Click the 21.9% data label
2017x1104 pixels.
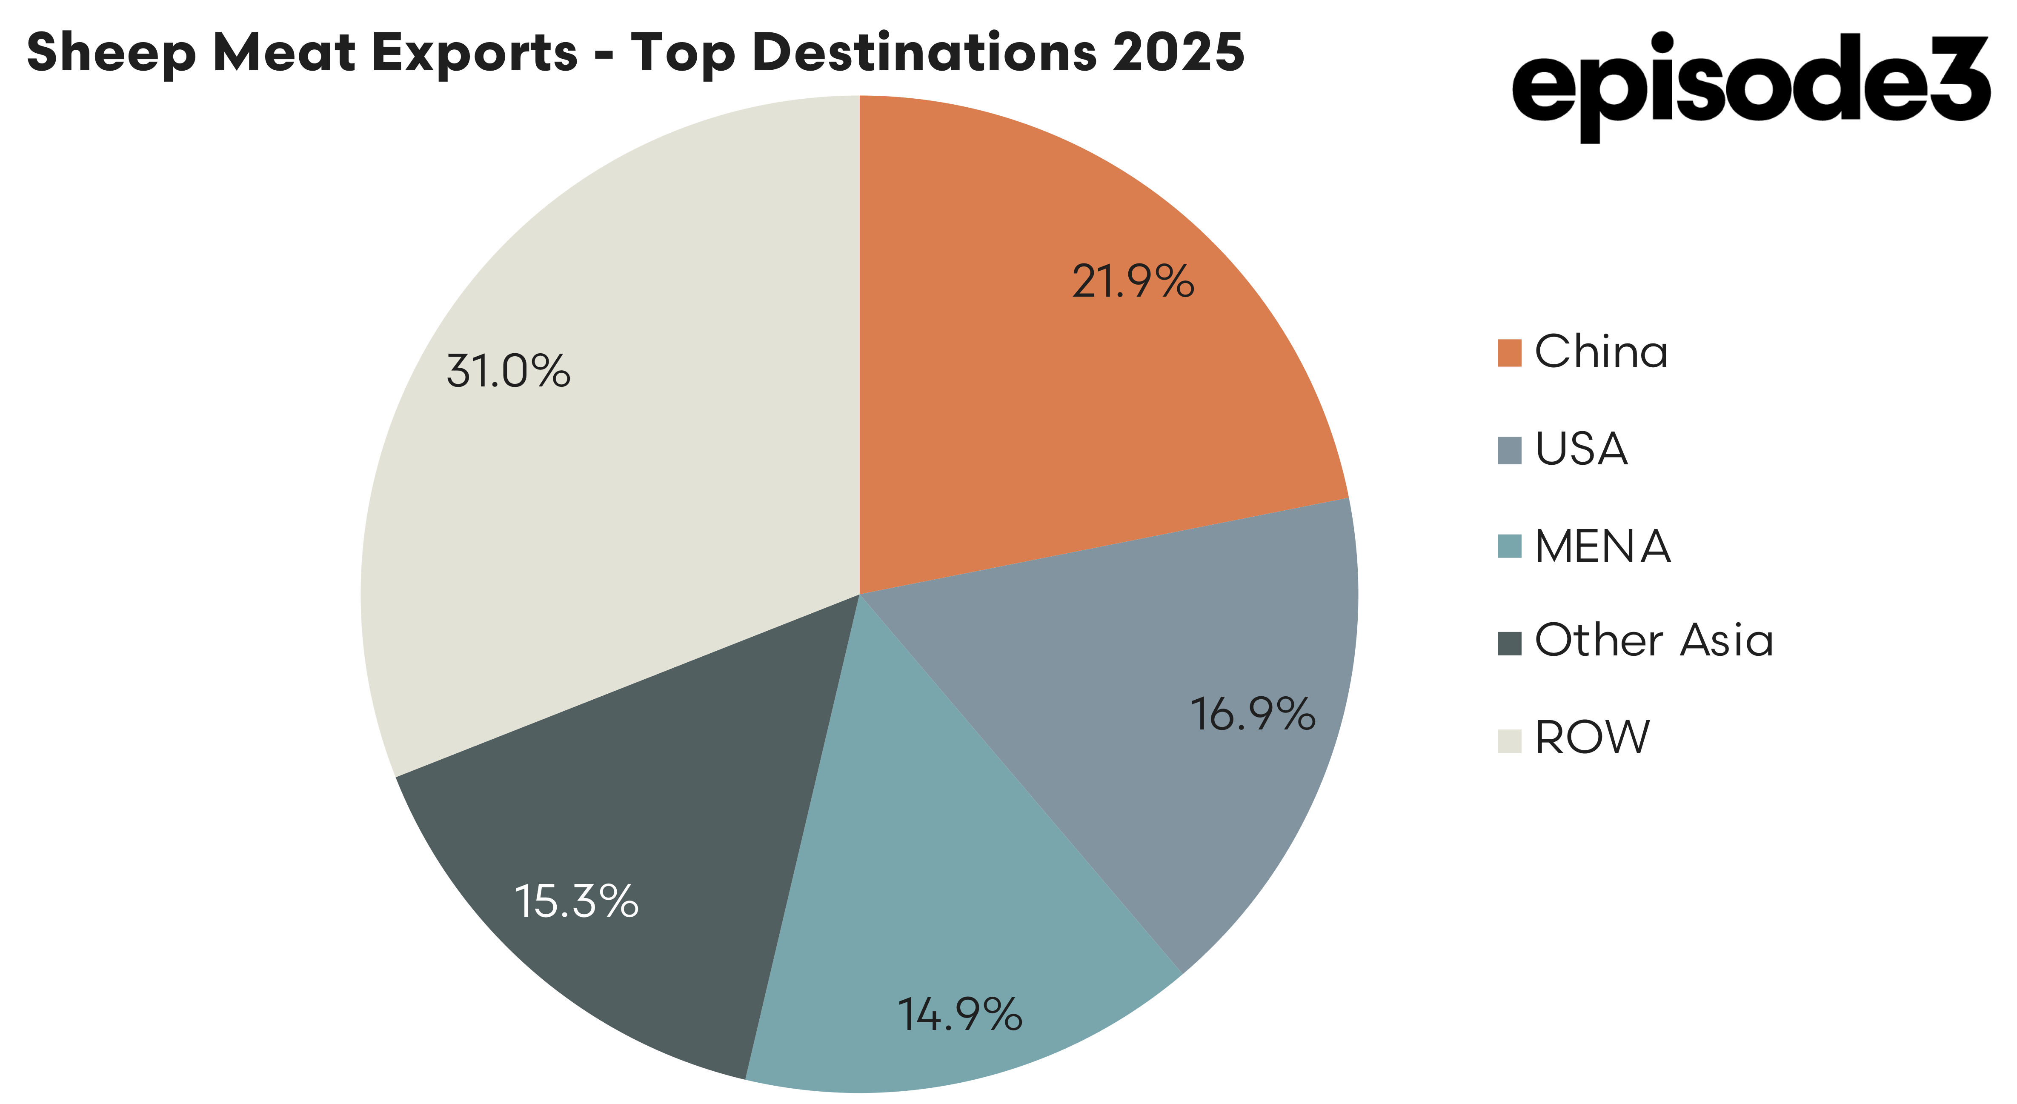(x=1132, y=282)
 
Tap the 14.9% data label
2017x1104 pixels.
(x=959, y=1015)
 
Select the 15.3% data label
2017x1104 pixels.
(x=576, y=902)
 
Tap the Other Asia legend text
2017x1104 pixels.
(x=1653, y=641)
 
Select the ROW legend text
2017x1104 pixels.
(x=1592, y=738)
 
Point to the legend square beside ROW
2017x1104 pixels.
(x=1509, y=741)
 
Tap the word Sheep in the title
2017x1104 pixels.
(x=110, y=53)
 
